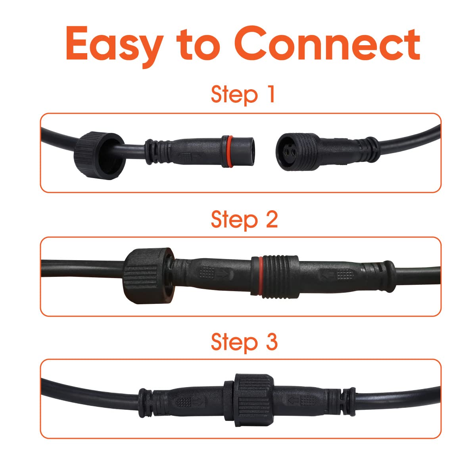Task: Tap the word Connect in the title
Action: [x=327, y=43]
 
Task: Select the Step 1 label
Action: [x=243, y=95]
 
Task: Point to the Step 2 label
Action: [x=244, y=220]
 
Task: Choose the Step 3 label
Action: [x=244, y=342]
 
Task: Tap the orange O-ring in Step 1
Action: [x=230, y=151]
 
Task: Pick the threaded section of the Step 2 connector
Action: [x=281, y=276]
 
